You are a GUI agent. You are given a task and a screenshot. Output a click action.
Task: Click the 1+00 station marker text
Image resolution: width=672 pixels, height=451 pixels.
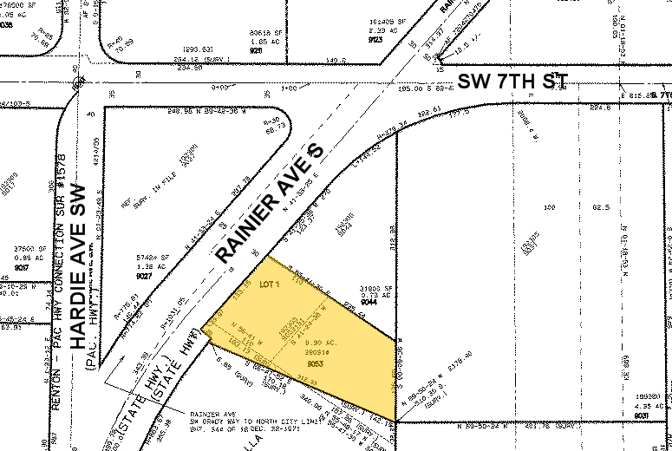click(x=287, y=88)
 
